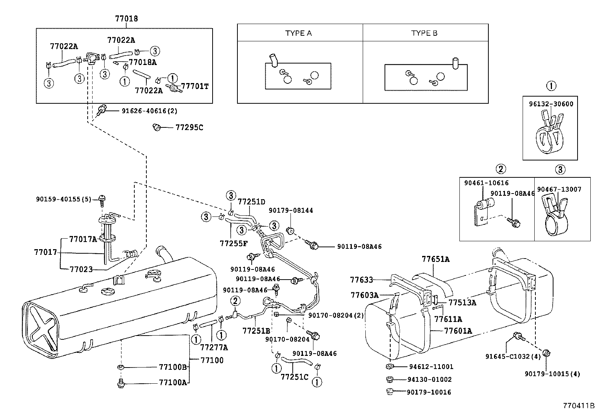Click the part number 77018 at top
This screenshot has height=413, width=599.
coord(126,18)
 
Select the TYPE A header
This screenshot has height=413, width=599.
coord(298,33)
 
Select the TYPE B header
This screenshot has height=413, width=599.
coord(424,33)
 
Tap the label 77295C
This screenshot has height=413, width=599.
coord(189,127)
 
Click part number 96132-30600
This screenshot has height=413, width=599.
coord(550,104)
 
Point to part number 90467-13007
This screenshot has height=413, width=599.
coord(559,189)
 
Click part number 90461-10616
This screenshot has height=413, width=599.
coord(486,183)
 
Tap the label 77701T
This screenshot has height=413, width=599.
coord(195,86)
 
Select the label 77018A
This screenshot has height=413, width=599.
coord(143,62)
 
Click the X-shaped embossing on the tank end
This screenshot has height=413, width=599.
coord(43,325)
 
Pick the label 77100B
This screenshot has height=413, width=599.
coord(173,367)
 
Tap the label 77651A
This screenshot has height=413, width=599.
coord(435,259)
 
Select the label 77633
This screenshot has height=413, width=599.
coord(361,280)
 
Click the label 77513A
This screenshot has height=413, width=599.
coord(462,303)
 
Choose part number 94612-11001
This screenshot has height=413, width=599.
coord(431,367)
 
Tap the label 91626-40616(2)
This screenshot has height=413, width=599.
coord(149,111)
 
